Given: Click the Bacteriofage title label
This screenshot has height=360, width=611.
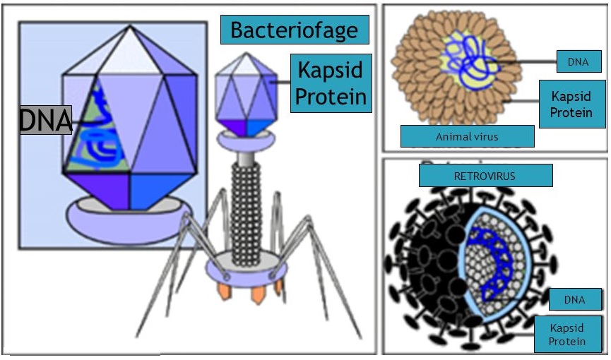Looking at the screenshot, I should tap(295, 30).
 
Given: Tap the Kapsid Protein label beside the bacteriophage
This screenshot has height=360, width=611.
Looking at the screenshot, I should tap(331, 84).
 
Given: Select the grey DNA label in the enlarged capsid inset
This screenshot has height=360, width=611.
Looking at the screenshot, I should tap(45, 120).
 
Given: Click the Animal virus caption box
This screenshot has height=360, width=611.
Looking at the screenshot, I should tap(466, 136).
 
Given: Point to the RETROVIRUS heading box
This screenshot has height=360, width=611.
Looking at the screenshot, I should tap(485, 175).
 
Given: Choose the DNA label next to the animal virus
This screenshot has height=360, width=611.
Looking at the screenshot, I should tap(578, 62).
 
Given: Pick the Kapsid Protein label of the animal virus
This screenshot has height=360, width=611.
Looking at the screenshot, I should tap(571, 104).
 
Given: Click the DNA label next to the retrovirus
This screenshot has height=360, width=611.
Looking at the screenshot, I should tap(574, 299).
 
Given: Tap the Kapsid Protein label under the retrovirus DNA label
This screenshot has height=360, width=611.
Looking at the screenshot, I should tap(567, 335).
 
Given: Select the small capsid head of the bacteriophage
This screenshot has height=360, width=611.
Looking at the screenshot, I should tap(246, 95).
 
